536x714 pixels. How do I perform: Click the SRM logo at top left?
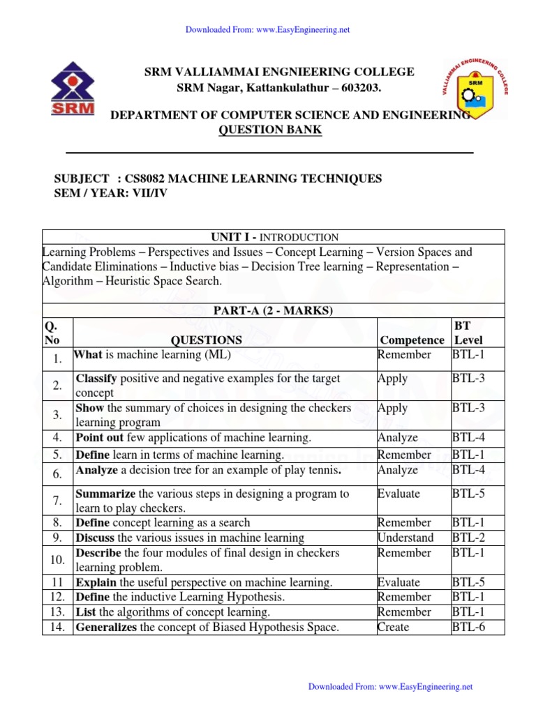[x=73, y=90]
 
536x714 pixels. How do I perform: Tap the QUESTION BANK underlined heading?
[x=271, y=130]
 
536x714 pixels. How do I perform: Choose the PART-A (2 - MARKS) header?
[x=273, y=310]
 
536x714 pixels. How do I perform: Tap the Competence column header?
[x=412, y=340]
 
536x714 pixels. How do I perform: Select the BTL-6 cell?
[x=468, y=628]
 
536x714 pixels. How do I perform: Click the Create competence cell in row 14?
[x=393, y=628]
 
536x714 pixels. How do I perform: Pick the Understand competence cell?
[x=405, y=538]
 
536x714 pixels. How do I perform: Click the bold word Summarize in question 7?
[x=105, y=494]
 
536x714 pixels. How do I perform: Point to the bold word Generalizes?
[x=107, y=628]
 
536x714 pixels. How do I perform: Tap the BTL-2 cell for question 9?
[x=468, y=538]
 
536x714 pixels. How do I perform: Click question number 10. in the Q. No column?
[x=58, y=560]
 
